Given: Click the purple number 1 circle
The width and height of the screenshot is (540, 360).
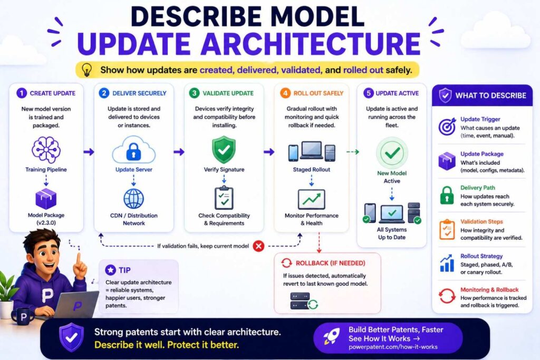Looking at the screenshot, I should click(21, 93).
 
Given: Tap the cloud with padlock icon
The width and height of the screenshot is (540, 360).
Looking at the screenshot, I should click(133, 151).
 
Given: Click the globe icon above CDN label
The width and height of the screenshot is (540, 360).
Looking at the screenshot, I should click(133, 199).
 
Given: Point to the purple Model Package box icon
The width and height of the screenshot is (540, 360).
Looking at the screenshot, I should click(46, 199).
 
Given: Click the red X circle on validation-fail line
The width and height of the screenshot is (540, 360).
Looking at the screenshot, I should click(258, 245).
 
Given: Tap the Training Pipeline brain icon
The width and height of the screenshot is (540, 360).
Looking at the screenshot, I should click(46, 150).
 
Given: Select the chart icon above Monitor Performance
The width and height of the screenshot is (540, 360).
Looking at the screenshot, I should click(311, 199).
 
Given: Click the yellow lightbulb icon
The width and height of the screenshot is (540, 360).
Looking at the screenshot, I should click(88, 70).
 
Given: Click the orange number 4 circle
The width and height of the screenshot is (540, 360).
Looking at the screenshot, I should click(285, 93).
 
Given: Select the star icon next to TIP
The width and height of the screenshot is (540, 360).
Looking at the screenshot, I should click(110, 270).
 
